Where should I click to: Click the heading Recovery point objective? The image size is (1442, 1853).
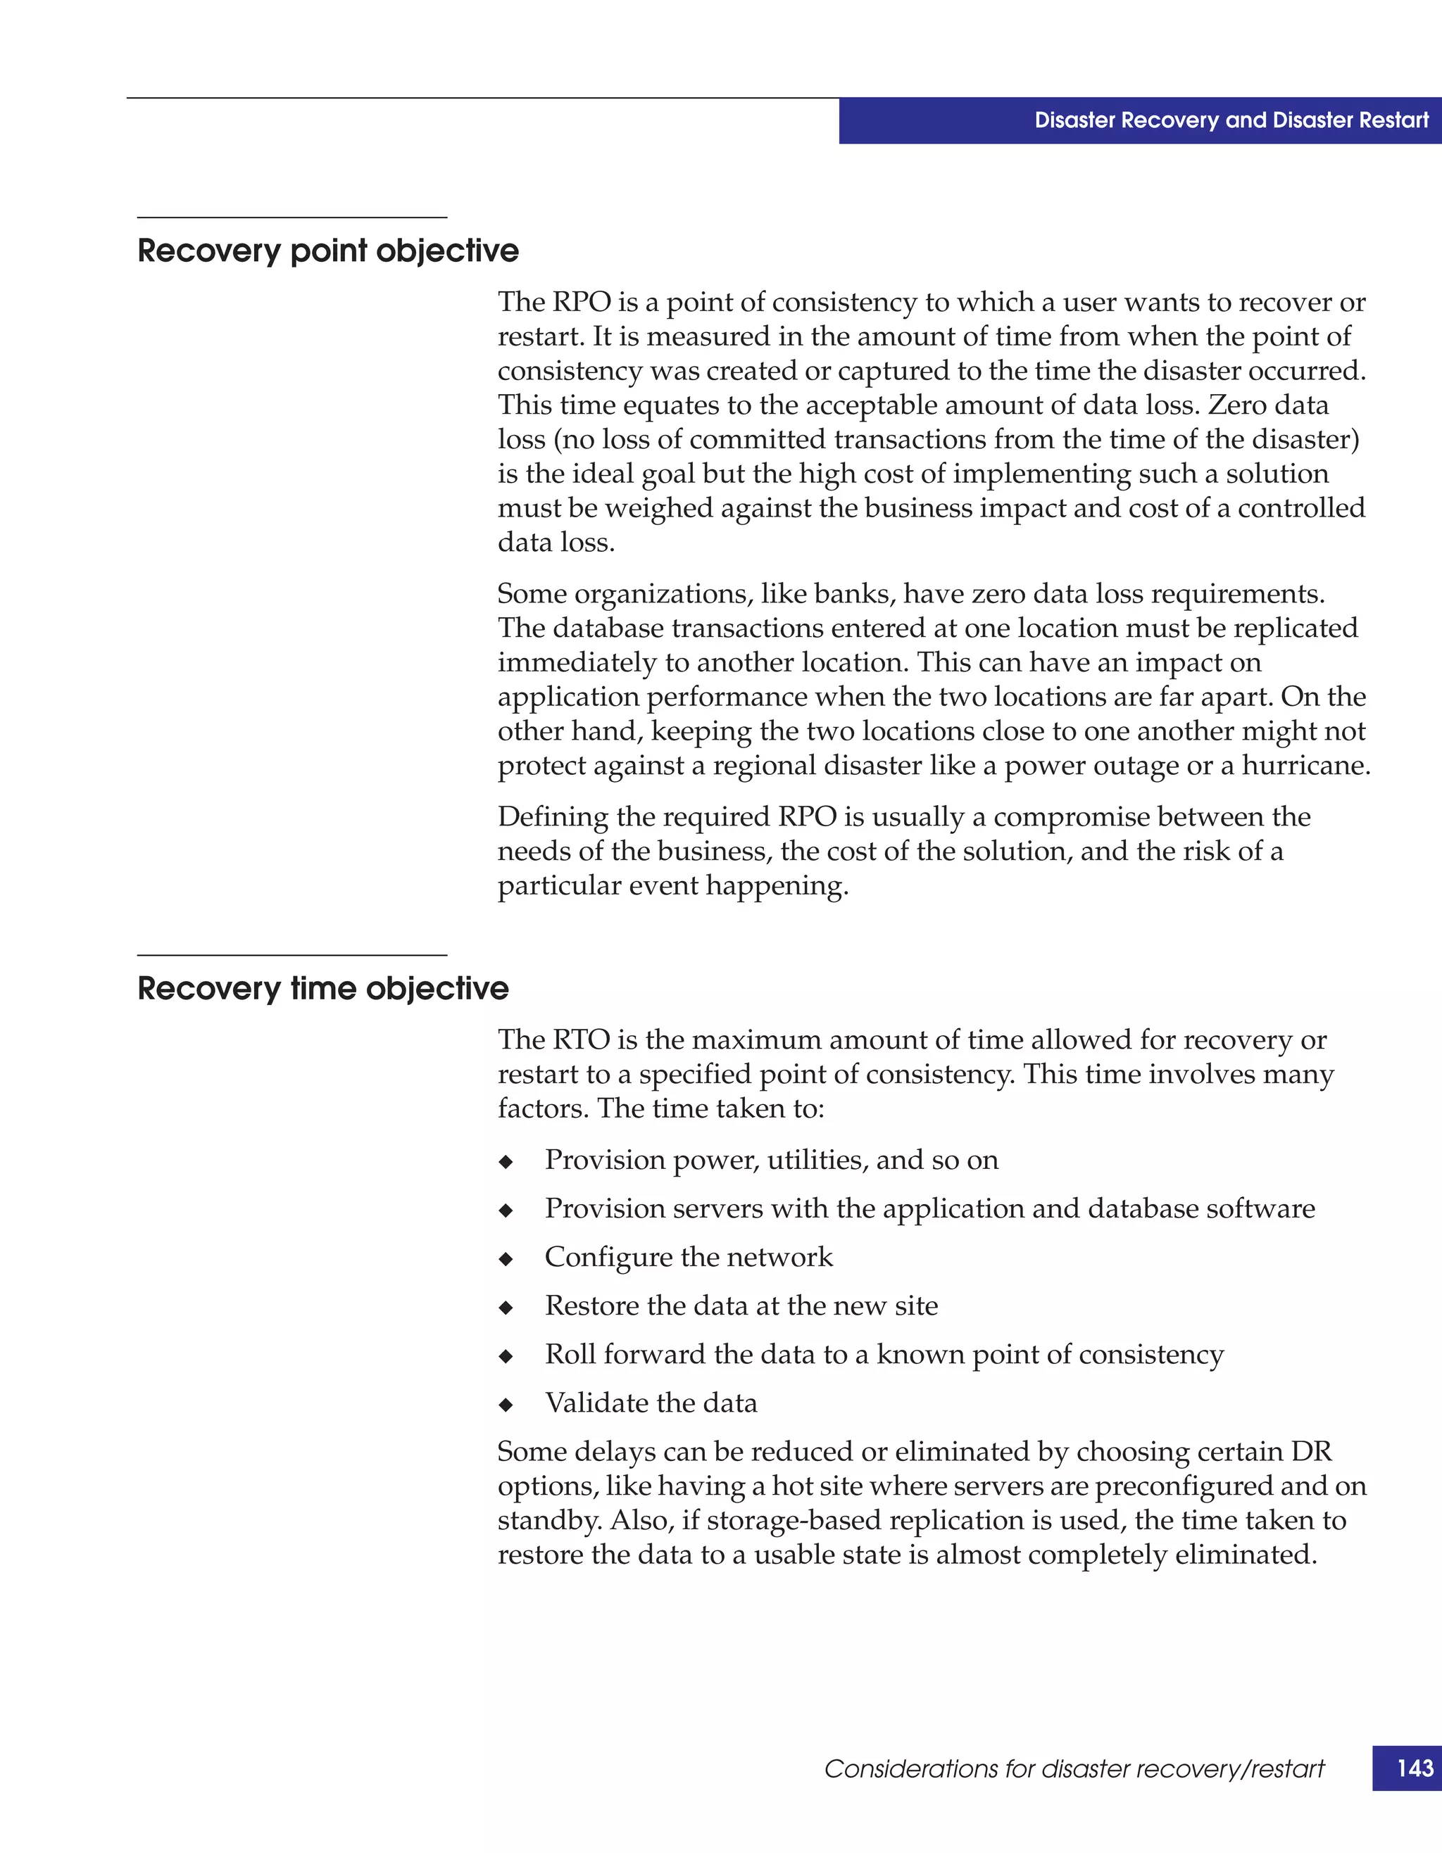[x=327, y=251]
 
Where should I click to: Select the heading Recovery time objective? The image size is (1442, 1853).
[x=322, y=989]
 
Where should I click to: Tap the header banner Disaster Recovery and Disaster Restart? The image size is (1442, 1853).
[x=1231, y=120]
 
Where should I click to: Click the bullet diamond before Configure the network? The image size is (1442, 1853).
[x=506, y=1259]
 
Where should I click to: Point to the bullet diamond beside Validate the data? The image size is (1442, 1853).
[x=506, y=1405]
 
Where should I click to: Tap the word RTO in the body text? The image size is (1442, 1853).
[x=582, y=1039]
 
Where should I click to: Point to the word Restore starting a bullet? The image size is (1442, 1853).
[x=591, y=1305]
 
